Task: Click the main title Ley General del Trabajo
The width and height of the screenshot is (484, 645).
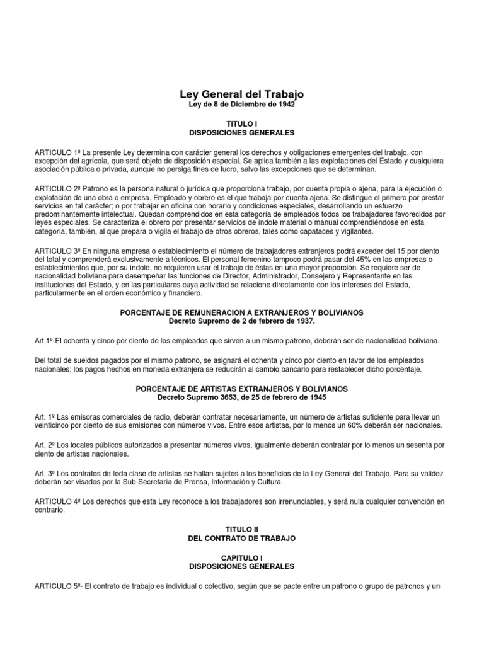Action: pyautogui.click(x=242, y=94)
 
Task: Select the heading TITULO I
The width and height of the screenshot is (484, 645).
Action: pyautogui.click(x=242, y=124)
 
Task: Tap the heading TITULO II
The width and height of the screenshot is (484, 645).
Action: pyautogui.click(x=242, y=530)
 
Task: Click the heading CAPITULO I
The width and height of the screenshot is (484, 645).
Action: pyautogui.click(x=242, y=557)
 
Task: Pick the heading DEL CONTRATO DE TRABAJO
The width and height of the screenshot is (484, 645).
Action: pyautogui.click(x=242, y=539)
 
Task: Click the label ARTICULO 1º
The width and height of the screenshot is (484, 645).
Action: pyautogui.click(x=57, y=152)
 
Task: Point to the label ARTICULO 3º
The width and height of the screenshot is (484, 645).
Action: pyautogui.click(x=57, y=252)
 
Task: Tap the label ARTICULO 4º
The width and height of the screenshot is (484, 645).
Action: pyautogui.click(x=57, y=501)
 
